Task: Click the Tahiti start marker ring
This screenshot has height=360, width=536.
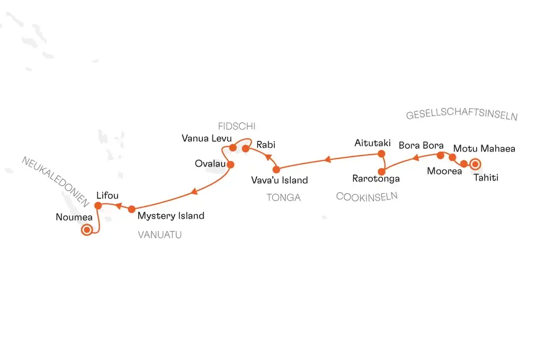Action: tap(475, 164)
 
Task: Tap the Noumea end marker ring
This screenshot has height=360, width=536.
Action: tap(87, 230)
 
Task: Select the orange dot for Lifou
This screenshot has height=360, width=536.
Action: tap(98, 205)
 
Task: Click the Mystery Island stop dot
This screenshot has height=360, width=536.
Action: tap(131, 209)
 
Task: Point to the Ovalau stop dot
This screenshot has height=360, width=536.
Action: tap(230, 165)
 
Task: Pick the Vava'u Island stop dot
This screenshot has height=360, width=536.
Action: tap(276, 169)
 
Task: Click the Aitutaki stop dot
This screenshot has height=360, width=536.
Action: tap(381, 154)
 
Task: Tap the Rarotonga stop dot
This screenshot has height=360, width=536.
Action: tap(381, 172)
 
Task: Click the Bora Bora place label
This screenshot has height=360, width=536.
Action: tap(421, 145)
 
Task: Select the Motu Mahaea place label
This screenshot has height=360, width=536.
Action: tap(484, 149)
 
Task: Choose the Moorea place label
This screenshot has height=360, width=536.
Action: tap(444, 171)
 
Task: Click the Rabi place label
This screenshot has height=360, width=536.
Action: tap(265, 145)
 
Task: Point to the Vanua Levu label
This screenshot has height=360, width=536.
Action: tap(207, 138)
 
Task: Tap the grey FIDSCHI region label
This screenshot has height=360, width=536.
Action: tap(237, 127)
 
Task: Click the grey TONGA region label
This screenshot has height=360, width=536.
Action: tap(284, 197)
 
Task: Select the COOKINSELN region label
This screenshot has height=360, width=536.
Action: tap(367, 196)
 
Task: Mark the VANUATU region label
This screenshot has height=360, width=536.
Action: tap(159, 235)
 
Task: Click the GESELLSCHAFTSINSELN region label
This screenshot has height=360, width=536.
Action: tap(462, 114)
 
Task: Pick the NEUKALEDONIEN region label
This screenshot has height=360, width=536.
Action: tap(55, 182)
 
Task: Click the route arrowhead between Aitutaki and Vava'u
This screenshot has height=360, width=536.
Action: tap(327, 159)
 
